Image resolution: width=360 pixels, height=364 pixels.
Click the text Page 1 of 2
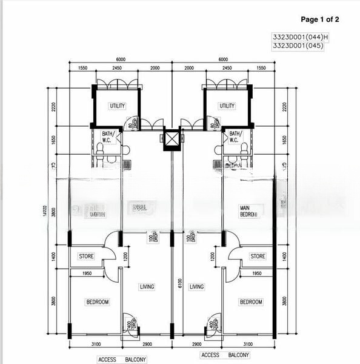coord(319,19)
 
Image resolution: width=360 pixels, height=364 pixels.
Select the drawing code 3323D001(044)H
coord(300,37)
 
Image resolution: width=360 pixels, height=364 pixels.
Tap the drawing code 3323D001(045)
coord(296,45)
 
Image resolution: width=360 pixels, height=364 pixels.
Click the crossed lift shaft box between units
coord(172,140)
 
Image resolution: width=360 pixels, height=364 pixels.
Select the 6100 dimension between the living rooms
coord(181,283)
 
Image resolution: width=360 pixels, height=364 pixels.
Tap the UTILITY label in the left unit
coord(117,106)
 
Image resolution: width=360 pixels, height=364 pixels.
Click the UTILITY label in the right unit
coord(227,106)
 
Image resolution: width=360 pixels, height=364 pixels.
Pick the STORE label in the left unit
coord(86,257)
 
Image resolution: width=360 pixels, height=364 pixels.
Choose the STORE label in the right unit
coord(258,257)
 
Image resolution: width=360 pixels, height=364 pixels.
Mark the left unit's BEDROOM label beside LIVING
coord(97,302)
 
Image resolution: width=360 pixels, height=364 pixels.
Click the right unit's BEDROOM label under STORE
coord(250,302)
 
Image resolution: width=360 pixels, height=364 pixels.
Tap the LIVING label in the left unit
coord(147,286)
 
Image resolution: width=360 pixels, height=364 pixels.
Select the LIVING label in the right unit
coord(197,286)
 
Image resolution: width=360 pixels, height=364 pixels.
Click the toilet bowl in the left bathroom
coord(100,149)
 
